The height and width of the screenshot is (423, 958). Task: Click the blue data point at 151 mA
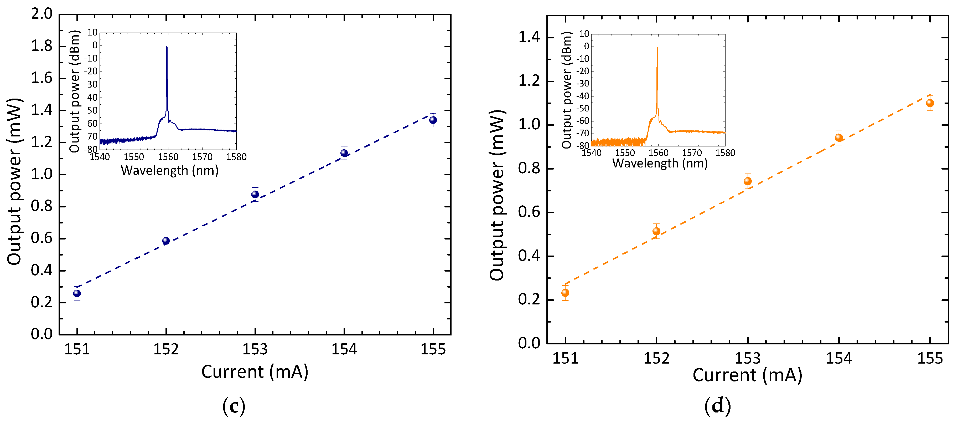pos(77,293)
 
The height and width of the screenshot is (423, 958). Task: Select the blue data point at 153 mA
pos(255,194)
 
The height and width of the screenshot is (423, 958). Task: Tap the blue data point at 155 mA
pos(433,120)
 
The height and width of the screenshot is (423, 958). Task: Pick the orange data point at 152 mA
pos(656,231)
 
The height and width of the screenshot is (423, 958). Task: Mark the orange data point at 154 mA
pos(839,138)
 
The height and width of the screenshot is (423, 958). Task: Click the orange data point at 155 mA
pos(930,103)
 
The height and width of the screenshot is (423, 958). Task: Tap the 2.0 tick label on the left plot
pos(42,14)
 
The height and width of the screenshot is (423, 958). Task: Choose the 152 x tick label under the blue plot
pos(166,350)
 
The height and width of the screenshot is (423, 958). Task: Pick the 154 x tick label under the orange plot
pos(839,358)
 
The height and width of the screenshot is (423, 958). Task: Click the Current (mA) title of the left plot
pos(255,372)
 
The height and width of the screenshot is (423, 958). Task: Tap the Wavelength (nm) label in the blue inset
pos(170,171)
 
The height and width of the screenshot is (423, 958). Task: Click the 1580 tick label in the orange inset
pos(725,153)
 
